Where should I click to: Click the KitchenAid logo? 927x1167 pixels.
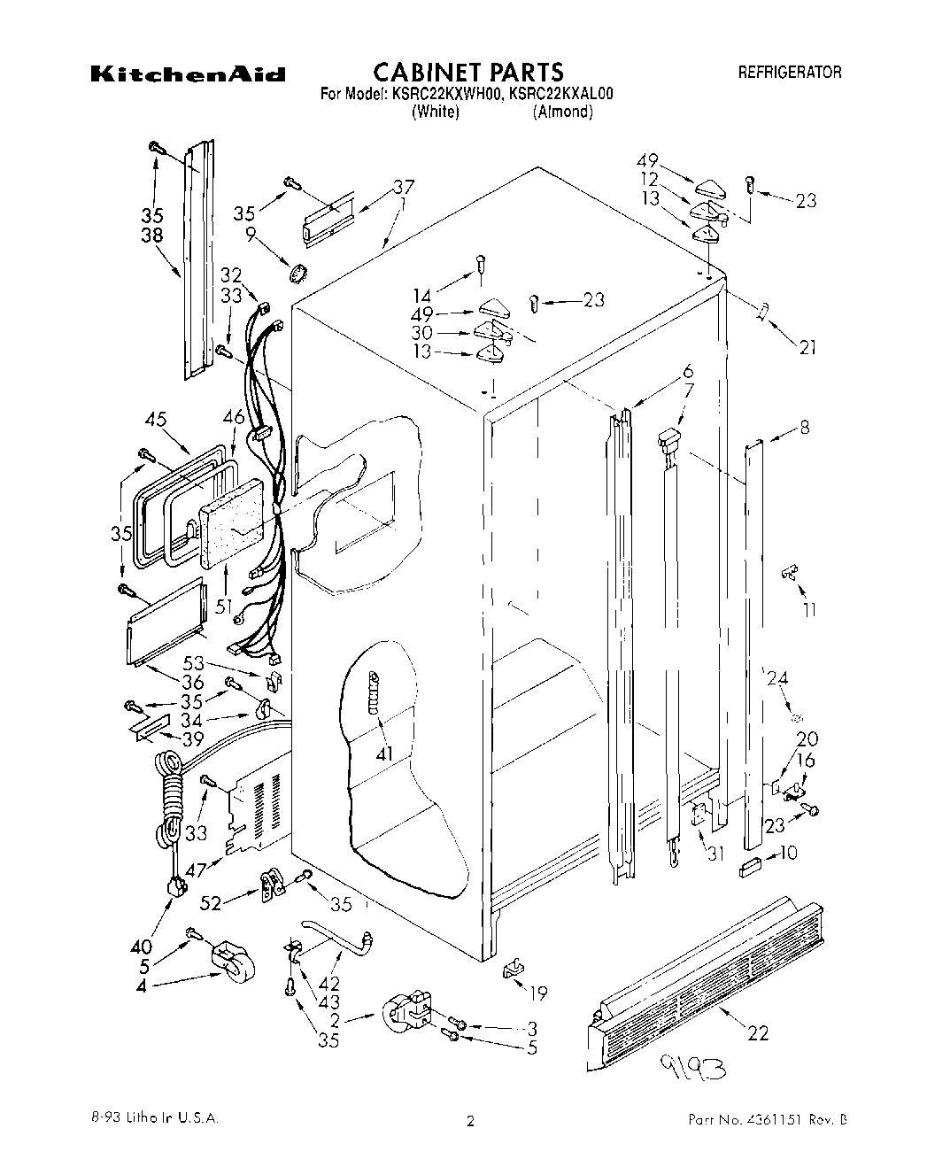point(187,74)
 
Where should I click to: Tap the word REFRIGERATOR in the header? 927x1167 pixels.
point(790,73)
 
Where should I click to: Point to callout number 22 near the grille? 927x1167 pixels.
point(758,1032)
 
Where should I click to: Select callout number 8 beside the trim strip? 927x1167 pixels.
point(803,429)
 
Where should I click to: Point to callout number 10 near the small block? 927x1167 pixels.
point(787,854)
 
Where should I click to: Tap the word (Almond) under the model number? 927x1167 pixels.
point(562,112)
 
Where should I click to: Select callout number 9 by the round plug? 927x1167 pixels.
point(251,235)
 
